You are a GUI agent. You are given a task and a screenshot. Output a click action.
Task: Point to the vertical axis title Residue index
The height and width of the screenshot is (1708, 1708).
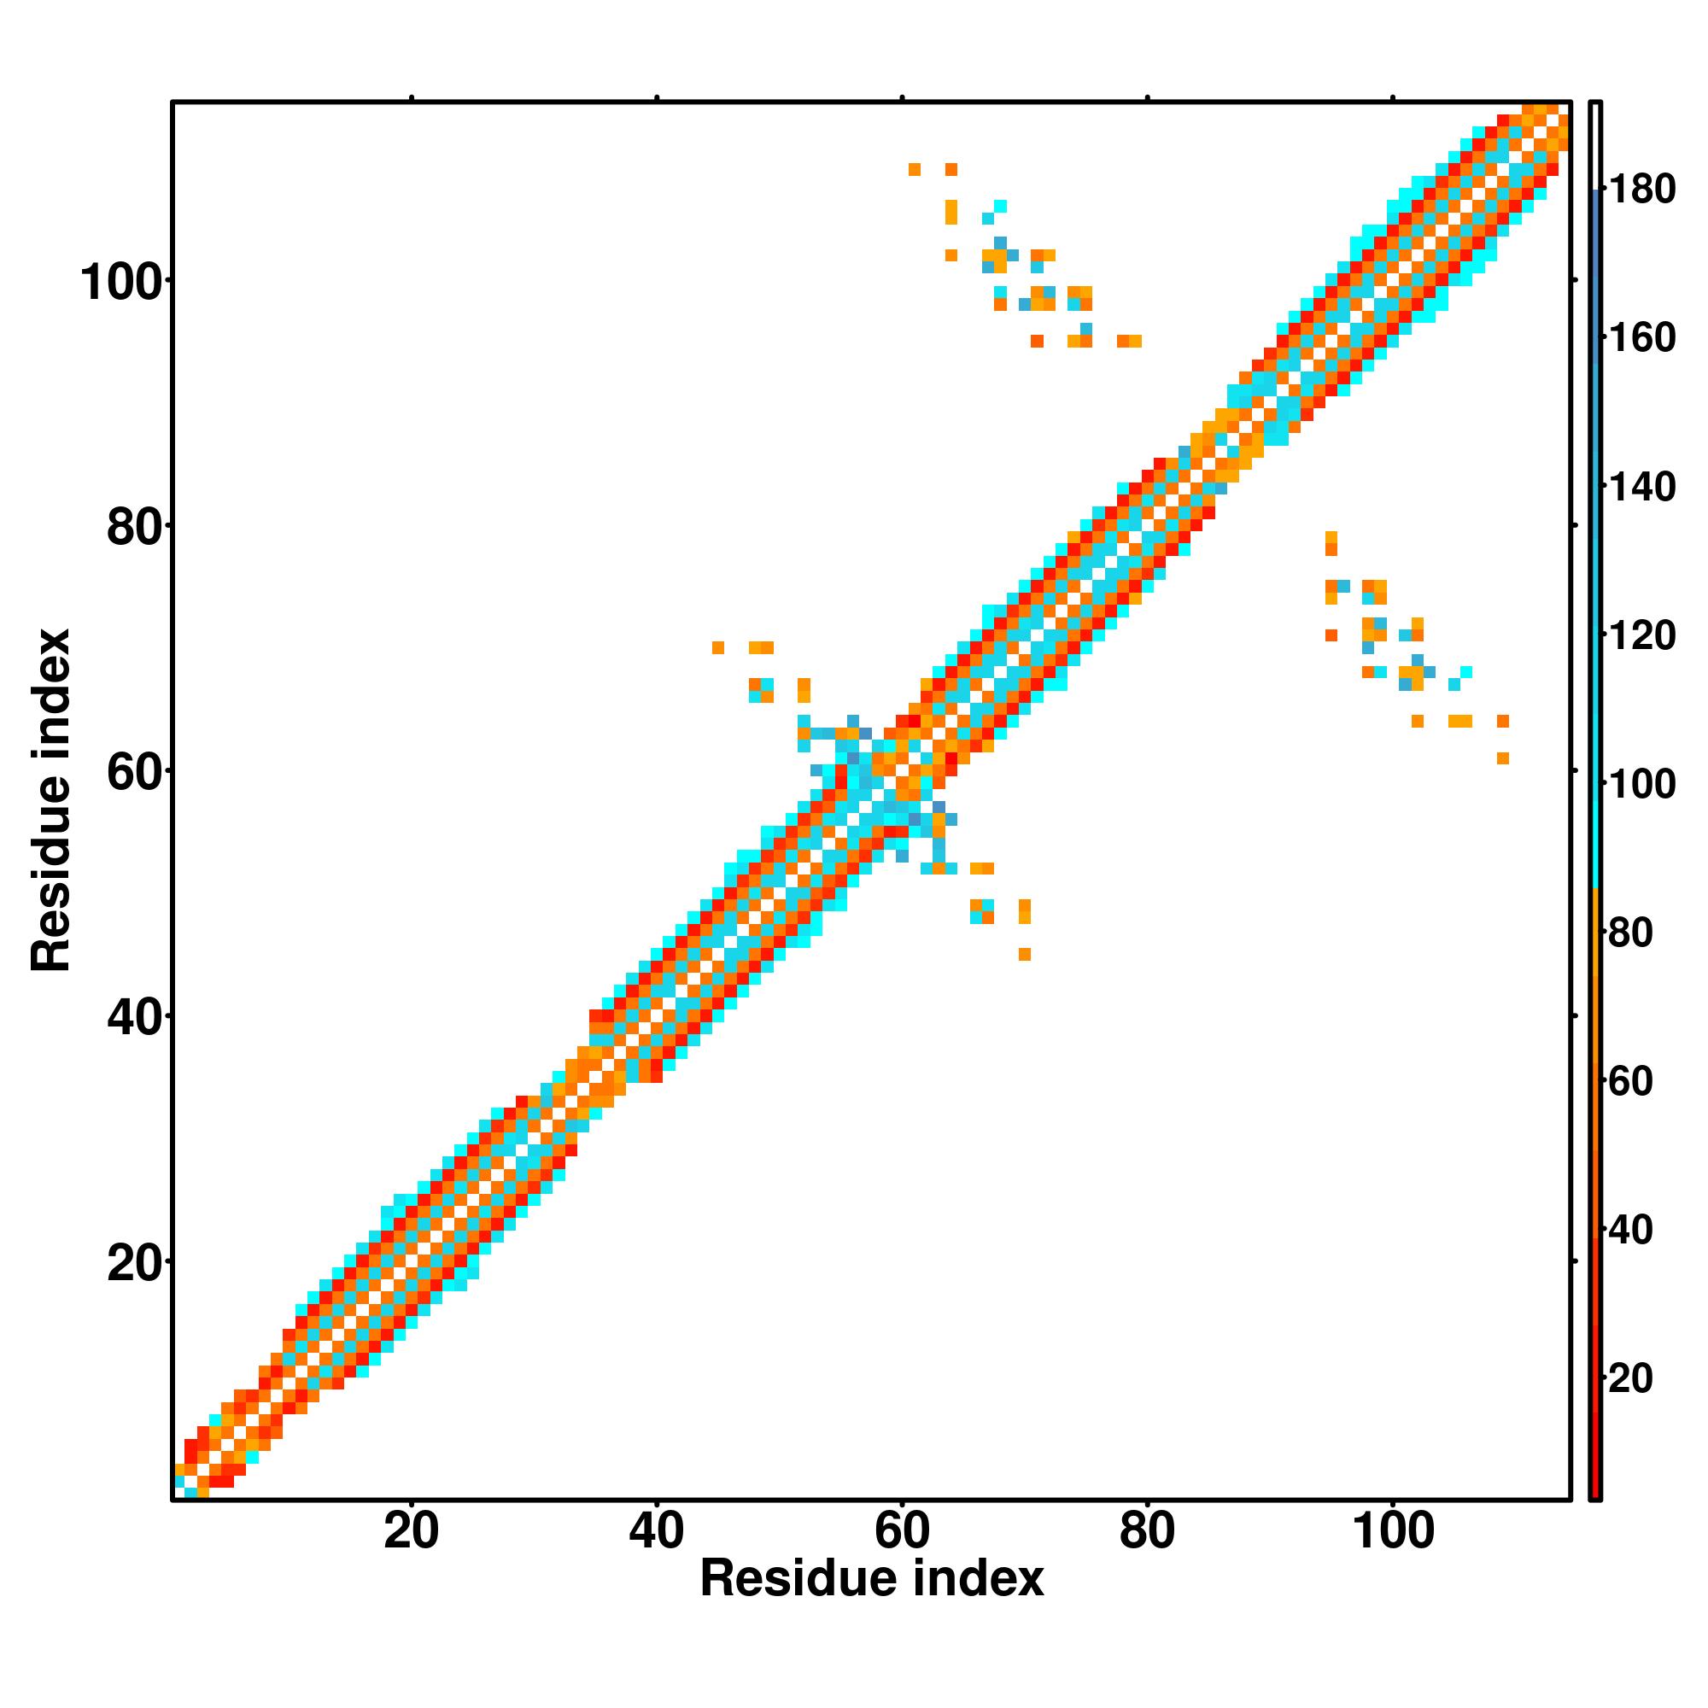point(51,800)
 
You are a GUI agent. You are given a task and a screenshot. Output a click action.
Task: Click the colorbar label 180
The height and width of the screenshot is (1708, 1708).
point(1641,190)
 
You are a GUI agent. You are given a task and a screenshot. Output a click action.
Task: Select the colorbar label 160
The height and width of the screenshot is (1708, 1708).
point(1641,337)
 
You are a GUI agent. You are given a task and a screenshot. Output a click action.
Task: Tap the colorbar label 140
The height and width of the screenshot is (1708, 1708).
point(1641,486)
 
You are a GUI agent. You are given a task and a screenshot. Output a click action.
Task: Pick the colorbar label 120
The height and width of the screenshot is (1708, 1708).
point(1641,635)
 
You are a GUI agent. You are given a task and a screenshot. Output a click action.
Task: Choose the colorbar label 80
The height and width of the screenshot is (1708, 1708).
point(1631,932)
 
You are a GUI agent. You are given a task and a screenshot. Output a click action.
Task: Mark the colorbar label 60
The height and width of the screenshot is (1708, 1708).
point(1631,1080)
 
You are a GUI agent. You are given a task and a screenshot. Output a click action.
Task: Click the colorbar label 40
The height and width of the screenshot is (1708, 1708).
point(1631,1229)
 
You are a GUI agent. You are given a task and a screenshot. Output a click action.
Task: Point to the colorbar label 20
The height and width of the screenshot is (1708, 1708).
point(1631,1378)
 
